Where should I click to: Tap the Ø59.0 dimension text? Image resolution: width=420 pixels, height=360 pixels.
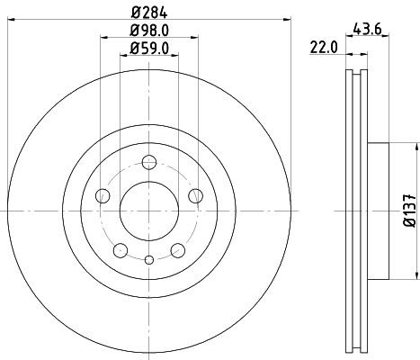(x=148, y=49)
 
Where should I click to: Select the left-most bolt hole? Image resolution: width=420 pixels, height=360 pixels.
(x=102, y=196)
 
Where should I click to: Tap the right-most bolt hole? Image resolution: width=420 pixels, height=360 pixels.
(x=195, y=196)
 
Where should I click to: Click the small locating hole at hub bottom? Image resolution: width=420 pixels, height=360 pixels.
(x=148, y=259)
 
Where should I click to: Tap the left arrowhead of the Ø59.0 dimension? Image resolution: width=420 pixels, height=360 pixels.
(x=123, y=57)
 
